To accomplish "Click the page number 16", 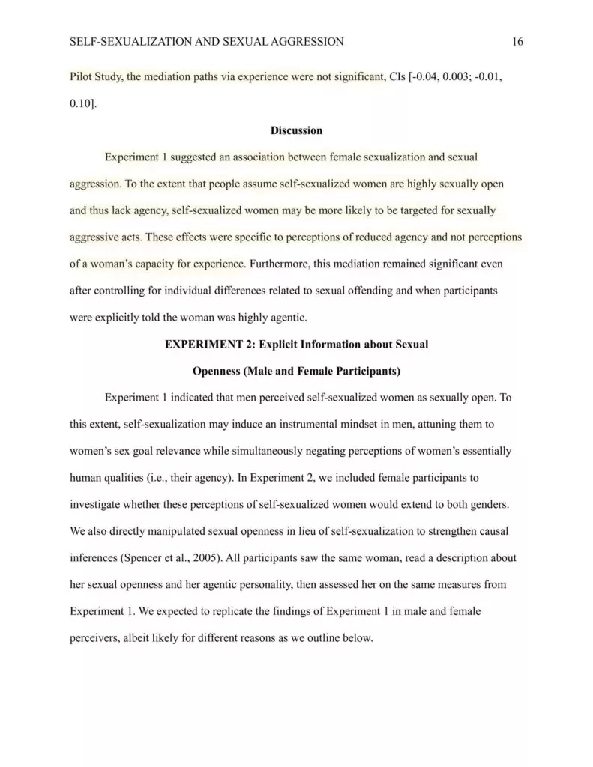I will pyautogui.click(x=517, y=42).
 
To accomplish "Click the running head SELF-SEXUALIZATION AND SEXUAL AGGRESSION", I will pyautogui.click(x=206, y=42).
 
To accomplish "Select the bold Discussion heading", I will pyautogui.click(x=296, y=130).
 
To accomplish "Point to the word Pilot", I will pyautogui.click(x=82, y=77).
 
